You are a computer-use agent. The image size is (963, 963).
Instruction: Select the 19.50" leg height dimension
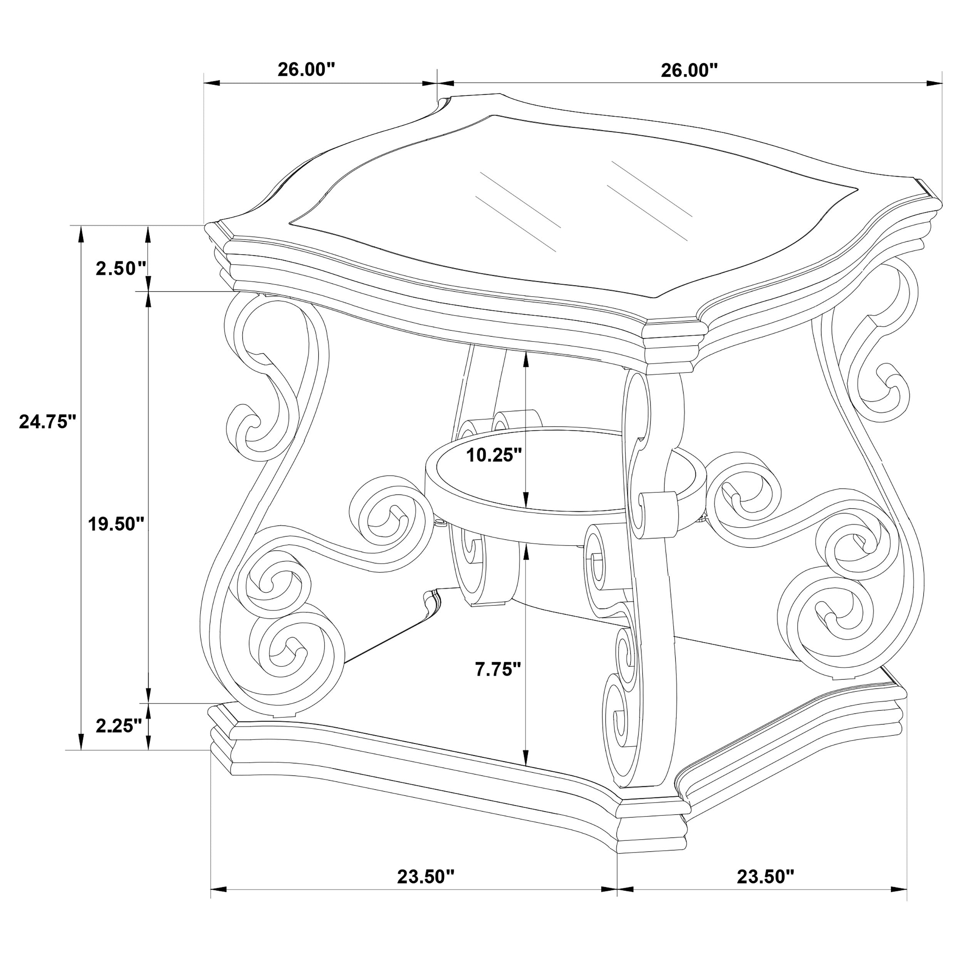pos(116,524)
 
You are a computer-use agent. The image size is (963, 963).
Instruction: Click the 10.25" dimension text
pos(493,455)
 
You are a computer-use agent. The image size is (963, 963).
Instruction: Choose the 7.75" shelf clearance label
pos(497,669)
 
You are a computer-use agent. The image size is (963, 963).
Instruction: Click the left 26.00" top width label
pos(306,69)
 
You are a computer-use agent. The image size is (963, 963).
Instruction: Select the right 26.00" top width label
pos(690,70)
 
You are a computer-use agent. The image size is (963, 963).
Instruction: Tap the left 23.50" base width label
pos(426,876)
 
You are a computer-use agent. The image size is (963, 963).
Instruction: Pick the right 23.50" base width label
pos(765,876)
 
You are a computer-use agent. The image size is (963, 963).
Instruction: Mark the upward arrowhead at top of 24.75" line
pos(80,234)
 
